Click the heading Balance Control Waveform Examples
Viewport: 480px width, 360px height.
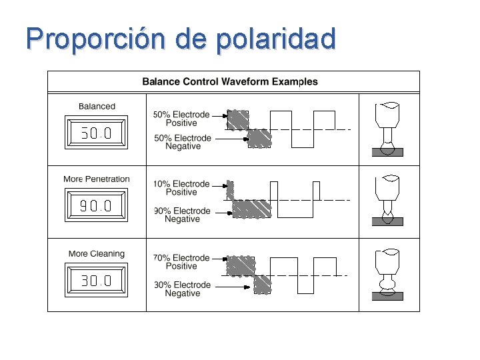click(x=230, y=82)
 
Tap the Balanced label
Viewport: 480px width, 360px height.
click(x=97, y=106)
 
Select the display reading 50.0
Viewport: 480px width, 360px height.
click(x=97, y=133)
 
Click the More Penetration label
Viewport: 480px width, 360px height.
click(x=97, y=179)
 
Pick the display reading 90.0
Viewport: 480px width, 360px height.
click(x=97, y=206)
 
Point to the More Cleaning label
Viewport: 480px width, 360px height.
click(x=97, y=253)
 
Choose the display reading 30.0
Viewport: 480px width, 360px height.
click(x=97, y=281)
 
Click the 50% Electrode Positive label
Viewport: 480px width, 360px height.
click(x=181, y=119)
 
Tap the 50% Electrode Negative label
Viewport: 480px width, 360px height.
click(x=182, y=142)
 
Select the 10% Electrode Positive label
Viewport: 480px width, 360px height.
click(x=181, y=188)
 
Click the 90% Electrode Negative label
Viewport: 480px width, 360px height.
click(x=182, y=215)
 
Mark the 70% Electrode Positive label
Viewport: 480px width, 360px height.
click(x=181, y=262)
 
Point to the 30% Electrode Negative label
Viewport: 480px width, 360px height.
click(x=182, y=289)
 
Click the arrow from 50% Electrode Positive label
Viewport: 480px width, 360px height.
click(x=219, y=115)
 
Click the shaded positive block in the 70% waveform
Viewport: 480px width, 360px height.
click(x=241, y=265)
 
